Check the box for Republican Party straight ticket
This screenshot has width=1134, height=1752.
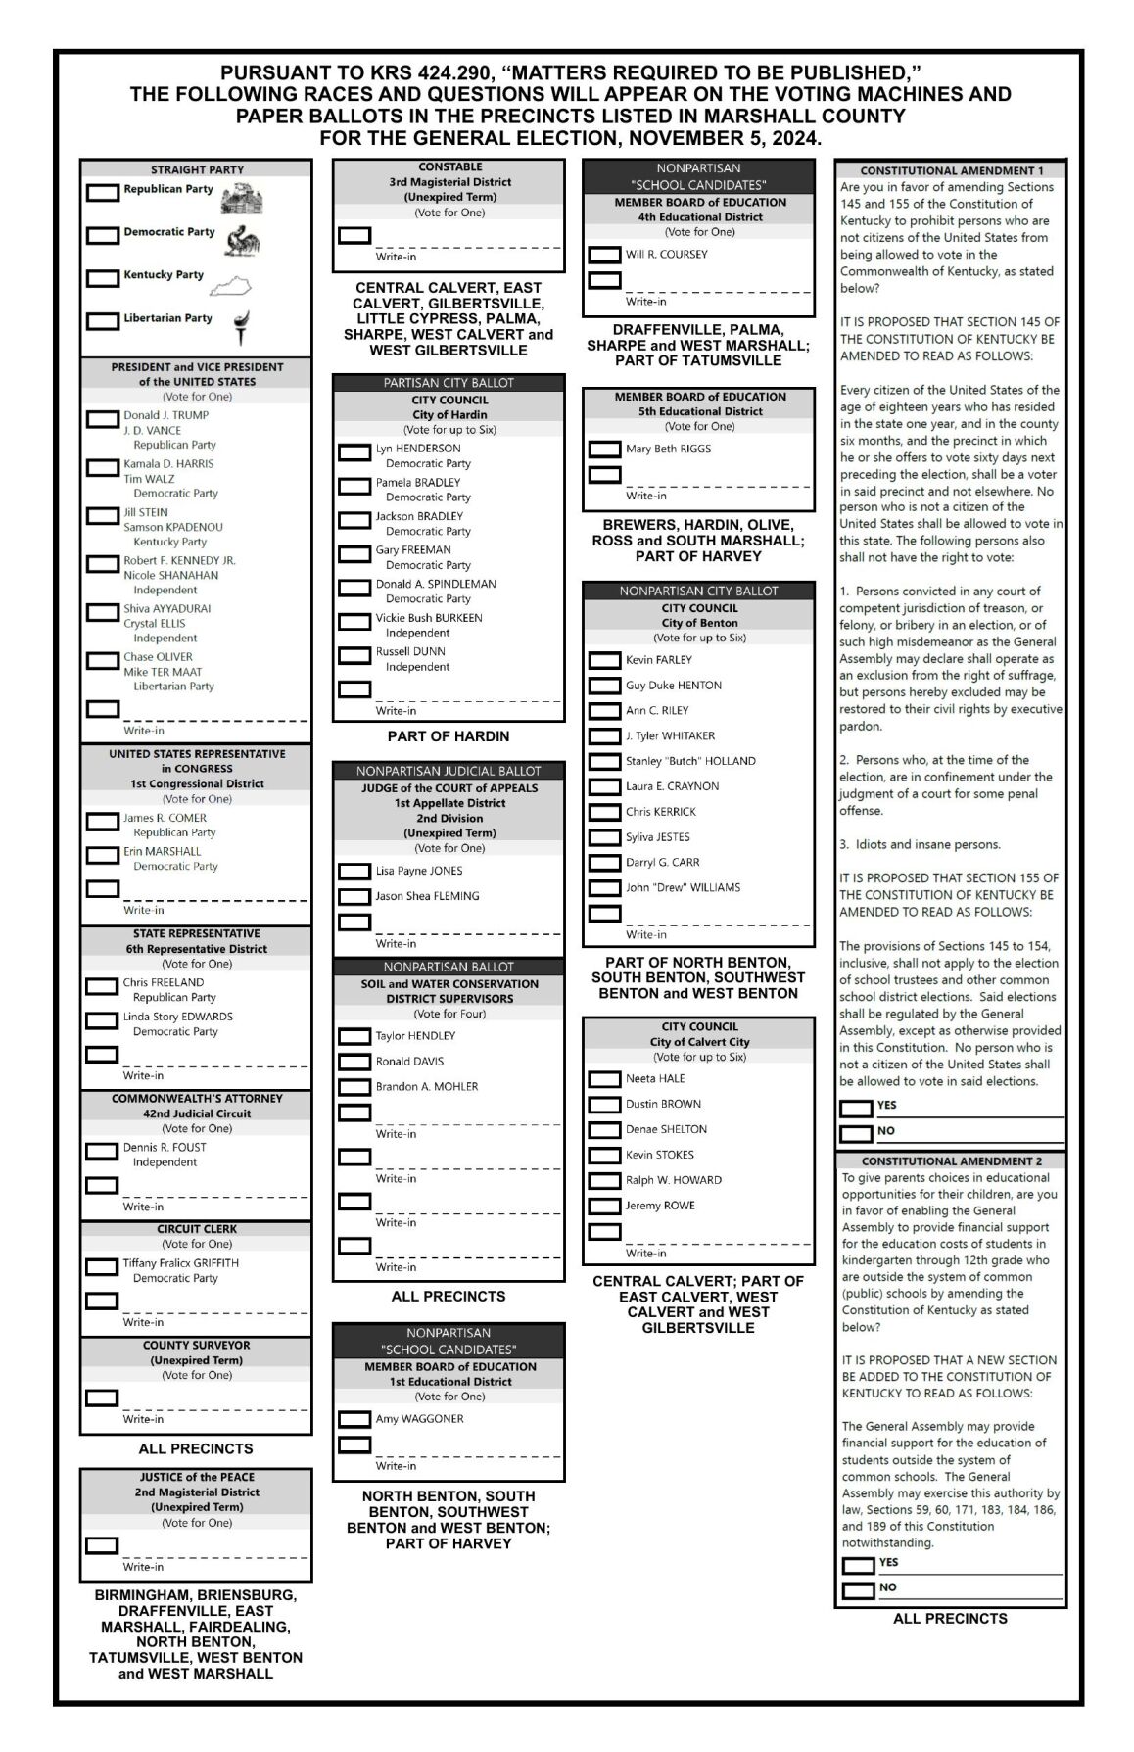(x=102, y=193)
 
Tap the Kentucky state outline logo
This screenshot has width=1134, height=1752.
(x=231, y=286)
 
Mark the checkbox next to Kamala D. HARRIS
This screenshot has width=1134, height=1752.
(x=102, y=468)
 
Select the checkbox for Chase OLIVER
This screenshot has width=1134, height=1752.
(x=102, y=661)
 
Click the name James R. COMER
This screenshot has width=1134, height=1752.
(x=165, y=818)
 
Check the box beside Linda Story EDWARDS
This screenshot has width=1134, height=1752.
(x=102, y=1020)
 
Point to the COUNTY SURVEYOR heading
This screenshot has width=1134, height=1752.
(x=196, y=1345)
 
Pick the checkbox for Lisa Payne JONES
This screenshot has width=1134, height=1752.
(x=354, y=872)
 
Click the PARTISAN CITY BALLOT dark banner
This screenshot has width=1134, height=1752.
(x=449, y=383)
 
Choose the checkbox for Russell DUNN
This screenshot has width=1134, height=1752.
(x=354, y=655)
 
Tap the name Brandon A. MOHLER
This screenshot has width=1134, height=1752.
(x=427, y=1086)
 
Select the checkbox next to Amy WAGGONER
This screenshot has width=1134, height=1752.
(x=354, y=1419)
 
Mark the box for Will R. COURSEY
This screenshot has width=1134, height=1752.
(x=604, y=256)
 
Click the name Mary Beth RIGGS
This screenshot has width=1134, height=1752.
(x=669, y=449)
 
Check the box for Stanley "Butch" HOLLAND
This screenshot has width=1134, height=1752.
(x=604, y=762)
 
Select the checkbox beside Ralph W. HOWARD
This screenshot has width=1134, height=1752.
(x=604, y=1181)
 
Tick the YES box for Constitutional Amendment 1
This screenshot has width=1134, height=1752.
(x=856, y=1109)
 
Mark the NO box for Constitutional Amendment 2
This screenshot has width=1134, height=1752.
(x=858, y=1591)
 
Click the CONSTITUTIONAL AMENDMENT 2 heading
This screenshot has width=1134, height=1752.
(x=951, y=1160)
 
